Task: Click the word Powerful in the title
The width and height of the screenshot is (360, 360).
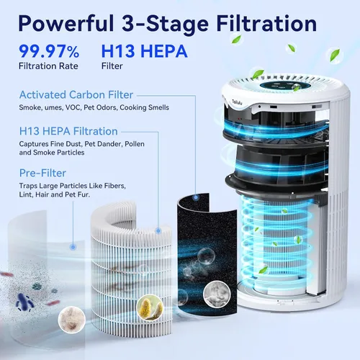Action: point(66,23)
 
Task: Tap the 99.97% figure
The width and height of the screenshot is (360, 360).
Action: point(49,52)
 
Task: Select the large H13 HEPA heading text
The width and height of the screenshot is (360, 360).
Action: point(144,51)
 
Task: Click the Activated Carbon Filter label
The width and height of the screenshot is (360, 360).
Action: point(76,95)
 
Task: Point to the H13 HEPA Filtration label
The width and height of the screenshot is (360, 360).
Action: point(68,131)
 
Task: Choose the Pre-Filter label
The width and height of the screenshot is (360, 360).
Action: point(42,173)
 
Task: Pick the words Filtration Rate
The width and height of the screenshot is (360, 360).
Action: point(48,66)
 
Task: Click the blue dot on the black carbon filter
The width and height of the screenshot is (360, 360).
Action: point(196,197)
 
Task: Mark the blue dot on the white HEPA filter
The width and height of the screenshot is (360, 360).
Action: point(158,231)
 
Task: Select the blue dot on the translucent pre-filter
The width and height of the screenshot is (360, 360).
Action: point(73,247)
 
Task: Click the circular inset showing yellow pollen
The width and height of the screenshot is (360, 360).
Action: point(150,307)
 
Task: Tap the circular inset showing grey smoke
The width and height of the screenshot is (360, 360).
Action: point(217,294)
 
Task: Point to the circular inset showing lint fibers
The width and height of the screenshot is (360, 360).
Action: point(72,320)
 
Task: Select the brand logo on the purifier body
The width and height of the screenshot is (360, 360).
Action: point(237,102)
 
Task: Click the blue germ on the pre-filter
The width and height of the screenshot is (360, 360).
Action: point(24,302)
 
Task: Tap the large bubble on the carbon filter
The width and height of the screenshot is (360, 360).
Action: point(206,256)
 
